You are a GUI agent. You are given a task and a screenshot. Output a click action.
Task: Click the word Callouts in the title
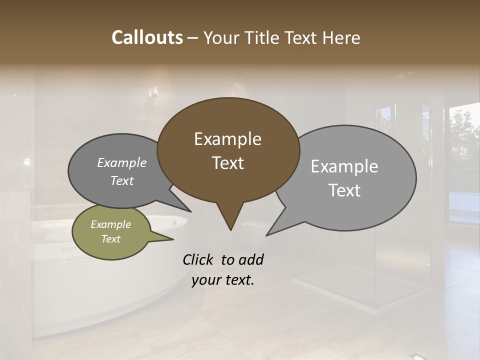147,37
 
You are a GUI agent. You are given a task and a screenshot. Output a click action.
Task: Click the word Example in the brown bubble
227,139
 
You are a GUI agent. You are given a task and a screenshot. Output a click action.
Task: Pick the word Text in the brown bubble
227,163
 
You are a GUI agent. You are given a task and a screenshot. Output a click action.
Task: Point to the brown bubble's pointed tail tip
230,230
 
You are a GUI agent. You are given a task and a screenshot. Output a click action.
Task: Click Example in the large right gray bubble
344,166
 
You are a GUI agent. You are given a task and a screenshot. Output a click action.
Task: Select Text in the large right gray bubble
344,190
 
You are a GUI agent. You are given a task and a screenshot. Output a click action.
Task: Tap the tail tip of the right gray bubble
266,235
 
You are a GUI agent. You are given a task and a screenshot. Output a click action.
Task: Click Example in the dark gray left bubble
122,163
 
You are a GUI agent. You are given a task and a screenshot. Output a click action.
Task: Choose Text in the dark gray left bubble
122,181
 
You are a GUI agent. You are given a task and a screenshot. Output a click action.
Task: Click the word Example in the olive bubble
110,224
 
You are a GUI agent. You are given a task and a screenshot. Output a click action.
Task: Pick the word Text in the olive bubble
110,239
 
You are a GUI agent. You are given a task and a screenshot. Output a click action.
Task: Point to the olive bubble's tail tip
173,239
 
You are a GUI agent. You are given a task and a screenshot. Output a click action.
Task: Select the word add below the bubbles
251,260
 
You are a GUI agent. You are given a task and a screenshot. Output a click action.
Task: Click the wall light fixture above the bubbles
153,91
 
